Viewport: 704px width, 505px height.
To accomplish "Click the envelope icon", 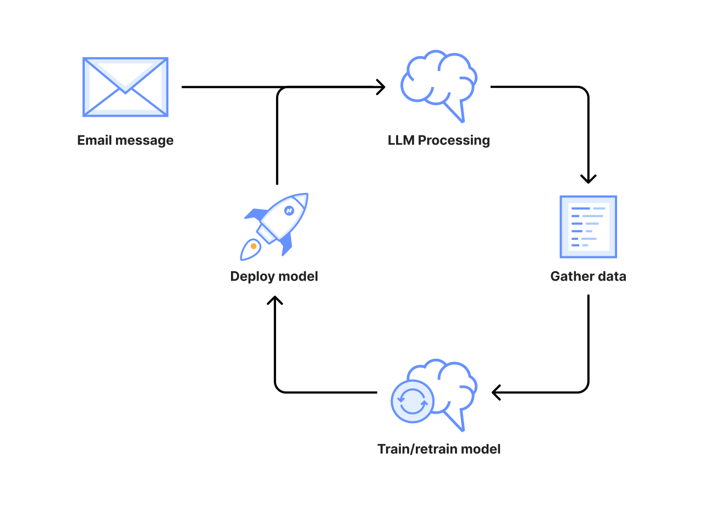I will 125,87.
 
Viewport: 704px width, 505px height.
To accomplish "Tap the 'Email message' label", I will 125,140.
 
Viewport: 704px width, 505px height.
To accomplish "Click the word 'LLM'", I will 401,140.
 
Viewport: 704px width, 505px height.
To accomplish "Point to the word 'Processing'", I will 454,141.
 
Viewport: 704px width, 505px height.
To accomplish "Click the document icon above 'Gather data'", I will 588,227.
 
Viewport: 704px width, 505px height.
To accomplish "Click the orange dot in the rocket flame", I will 254,246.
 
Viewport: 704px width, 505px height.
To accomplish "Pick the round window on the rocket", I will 289,210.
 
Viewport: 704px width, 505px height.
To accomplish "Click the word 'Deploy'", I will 251,276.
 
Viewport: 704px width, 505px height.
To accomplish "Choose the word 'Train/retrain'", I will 417,449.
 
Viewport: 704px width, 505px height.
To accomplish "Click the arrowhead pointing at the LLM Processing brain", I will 381,87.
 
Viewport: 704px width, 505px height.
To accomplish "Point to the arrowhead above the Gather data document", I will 588,179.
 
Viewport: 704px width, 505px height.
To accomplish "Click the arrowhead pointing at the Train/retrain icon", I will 496,392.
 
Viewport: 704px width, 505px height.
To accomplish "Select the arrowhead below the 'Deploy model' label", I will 275,300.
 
